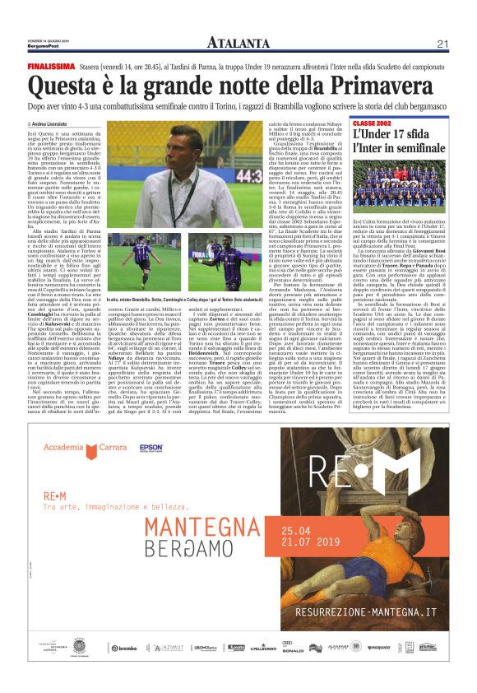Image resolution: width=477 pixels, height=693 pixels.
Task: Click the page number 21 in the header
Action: (x=442, y=43)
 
